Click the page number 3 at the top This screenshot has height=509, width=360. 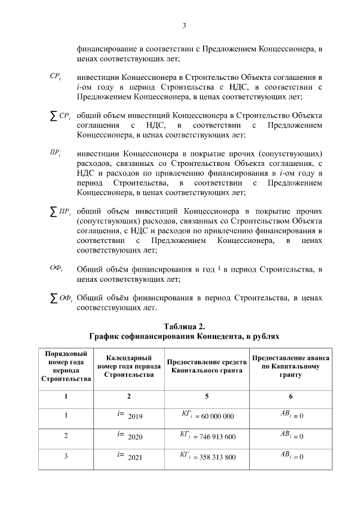pyautogui.click(x=184, y=25)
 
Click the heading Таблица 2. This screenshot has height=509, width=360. pyautogui.click(x=184, y=327)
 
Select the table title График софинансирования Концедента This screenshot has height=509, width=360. pyautogui.click(x=184, y=336)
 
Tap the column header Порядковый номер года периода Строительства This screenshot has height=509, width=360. pyautogui.click(x=66, y=367)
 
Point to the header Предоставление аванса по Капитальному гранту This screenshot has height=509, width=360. pyautogui.click(x=291, y=367)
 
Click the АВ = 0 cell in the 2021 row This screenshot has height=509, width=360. pyautogui.click(x=291, y=457)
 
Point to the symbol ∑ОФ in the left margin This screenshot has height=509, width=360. pyautogui.click(x=57, y=298)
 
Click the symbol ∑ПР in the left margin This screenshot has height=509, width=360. pyautogui.click(x=57, y=212)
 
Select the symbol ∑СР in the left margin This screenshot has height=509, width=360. pyautogui.click(x=57, y=116)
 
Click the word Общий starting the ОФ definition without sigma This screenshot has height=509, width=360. pyautogui.click(x=88, y=269)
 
